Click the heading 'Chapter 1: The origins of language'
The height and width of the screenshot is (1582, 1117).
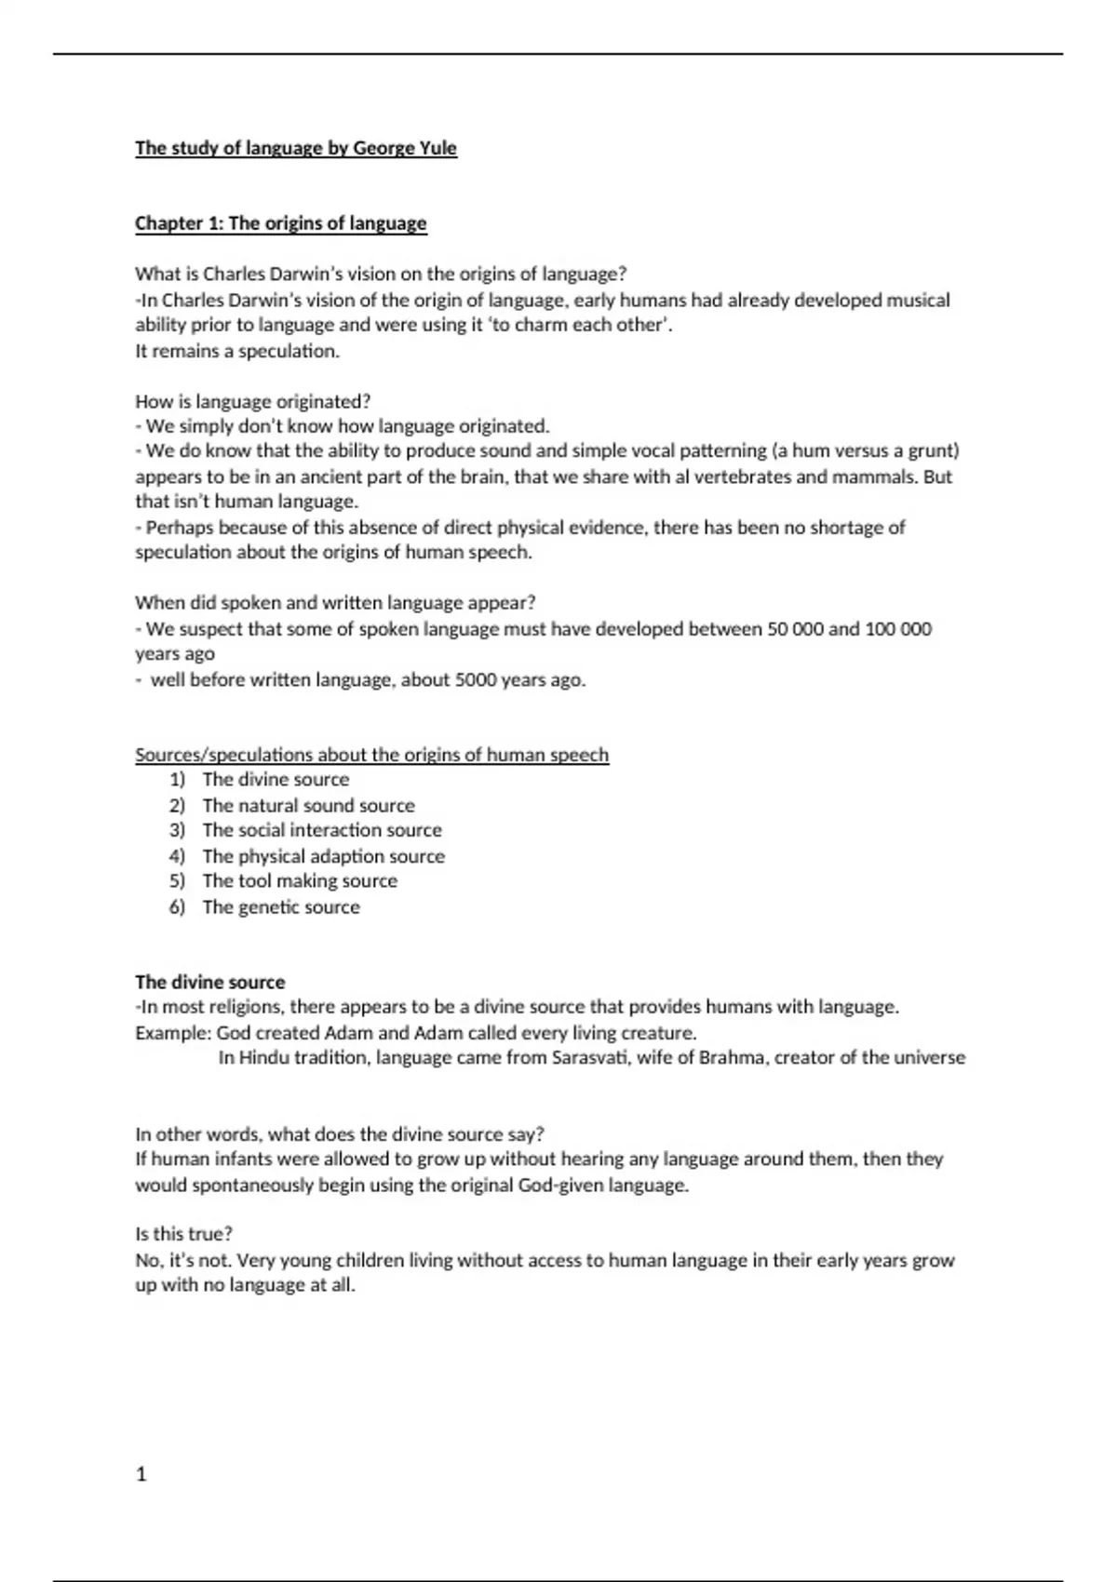280,223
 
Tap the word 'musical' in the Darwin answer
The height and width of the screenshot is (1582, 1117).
918,301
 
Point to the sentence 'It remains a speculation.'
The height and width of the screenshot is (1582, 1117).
237,351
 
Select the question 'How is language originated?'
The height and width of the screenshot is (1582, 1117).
252,402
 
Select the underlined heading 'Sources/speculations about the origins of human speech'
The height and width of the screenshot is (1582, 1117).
371,755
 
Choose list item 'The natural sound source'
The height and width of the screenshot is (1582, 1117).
308,805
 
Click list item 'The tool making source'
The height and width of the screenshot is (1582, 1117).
300,880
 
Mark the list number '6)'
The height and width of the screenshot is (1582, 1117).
177,906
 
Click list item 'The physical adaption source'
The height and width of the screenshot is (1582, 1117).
323,856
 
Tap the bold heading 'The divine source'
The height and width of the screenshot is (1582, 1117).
210,982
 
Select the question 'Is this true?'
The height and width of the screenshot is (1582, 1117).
183,1234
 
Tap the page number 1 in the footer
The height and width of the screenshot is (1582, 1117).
141,1474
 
